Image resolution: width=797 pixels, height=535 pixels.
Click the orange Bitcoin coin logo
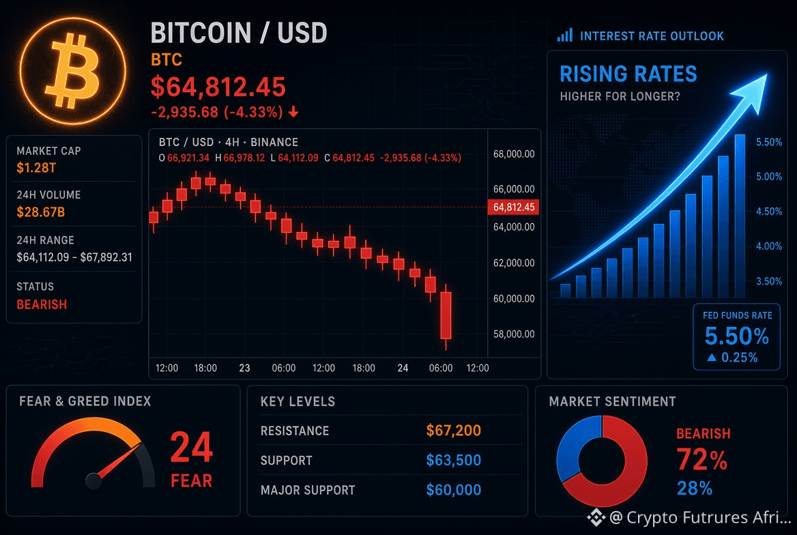click(x=73, y=71)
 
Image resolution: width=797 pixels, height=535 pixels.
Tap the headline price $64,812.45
click(x=218, y=87)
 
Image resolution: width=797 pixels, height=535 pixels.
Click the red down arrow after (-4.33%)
click(x=293, y=112)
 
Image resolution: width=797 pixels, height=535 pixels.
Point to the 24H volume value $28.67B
click(x=41, y=212)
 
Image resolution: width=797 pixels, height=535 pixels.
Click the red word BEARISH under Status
click(x=42, y=304)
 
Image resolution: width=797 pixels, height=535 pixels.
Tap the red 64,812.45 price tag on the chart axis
click(x=514, y=207)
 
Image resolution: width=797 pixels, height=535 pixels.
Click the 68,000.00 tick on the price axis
click(x=514, y=154)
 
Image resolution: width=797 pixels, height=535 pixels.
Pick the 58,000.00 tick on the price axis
click(x=514, y=334)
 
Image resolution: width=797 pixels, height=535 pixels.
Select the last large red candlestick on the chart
click(x=446, y=315)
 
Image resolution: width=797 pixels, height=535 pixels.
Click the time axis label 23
click(x=244, y=368)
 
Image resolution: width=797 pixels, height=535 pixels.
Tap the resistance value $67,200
click(x=453, y=431)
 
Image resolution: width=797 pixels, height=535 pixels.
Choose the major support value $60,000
click(x=453, y=490)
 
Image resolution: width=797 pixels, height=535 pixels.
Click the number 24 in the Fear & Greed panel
click(x=191, y=447)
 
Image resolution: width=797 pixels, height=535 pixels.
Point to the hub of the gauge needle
click(x=93, y=480)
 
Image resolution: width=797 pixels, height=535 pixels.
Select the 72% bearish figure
click(x=701, y=459)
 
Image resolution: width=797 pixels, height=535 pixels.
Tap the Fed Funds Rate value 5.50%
click(x=736, y=336)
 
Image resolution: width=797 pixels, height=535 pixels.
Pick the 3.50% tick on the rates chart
click(x=769, y=281)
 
